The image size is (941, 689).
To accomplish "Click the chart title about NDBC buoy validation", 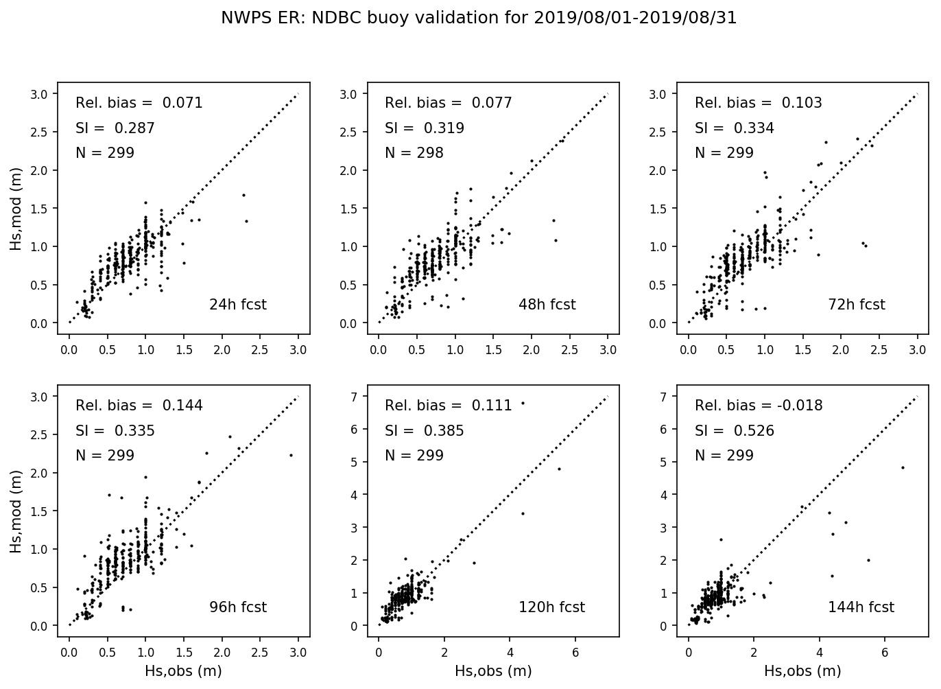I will click(x=479, y=19).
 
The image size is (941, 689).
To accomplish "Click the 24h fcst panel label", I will click(x=237, y=305).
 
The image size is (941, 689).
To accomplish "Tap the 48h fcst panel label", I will click(x=547, y=305).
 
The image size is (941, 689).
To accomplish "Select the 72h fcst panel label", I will click(x=857, y=305).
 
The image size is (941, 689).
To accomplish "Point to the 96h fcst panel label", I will click(x=237, y=607).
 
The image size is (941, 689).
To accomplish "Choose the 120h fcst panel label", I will click(x=551, y=607).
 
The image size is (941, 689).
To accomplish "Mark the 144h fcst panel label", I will click(x=861, y=607).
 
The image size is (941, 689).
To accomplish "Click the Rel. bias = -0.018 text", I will click(x=759, y=406).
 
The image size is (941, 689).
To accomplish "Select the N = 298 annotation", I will click(x=414, y=153).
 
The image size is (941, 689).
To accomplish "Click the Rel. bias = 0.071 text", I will click(x=139, y=103).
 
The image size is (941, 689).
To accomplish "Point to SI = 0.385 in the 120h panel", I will click(x=424, y=431).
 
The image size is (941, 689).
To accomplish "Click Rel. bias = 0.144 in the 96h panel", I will click(x=139, y=406).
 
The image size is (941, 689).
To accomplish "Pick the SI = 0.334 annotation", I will click(x=734, y=128).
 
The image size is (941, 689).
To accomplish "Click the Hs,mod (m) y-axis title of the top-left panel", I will click(x=16, y=209).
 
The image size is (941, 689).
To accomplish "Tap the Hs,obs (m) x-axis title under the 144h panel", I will click(x=802, y=671).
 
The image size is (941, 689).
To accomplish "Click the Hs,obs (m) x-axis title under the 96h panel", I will click(x=183, y=671).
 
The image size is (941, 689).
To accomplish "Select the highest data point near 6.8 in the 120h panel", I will click(x=523, y=403).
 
